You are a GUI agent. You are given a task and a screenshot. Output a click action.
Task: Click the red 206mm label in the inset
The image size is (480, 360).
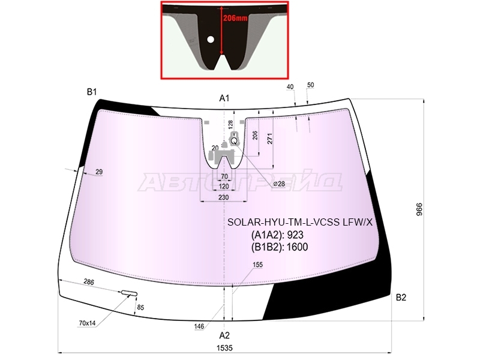coord(235,18)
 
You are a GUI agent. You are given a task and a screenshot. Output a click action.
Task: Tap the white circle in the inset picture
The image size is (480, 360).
coord(211,39)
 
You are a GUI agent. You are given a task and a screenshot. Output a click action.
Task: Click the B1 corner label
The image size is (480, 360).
coord(92,92)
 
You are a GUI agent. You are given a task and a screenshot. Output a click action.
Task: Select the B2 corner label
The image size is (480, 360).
coord(401,297)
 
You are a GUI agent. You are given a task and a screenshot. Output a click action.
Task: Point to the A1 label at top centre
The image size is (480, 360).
coord(224,98)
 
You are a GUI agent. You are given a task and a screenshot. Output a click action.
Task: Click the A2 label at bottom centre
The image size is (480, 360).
coord(224,335)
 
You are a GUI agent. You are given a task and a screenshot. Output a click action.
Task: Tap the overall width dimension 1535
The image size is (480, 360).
coord(224,348)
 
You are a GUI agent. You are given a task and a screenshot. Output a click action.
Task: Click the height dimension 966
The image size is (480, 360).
coord(419,209)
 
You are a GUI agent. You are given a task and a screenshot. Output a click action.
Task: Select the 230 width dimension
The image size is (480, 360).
coord(223,197)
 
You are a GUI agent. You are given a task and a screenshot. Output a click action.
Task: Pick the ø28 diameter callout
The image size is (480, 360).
coord(279,184)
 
